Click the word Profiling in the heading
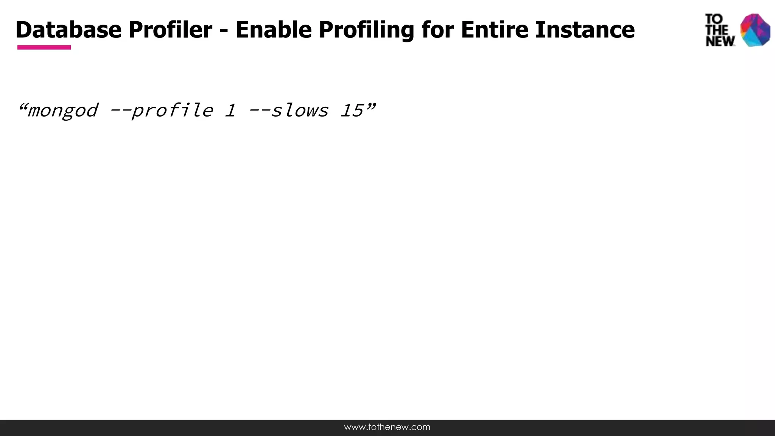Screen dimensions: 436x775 tap(366, 30)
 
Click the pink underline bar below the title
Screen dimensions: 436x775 tap(44, 47)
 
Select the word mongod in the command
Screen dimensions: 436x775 tap(62, 111)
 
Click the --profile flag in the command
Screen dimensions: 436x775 tap(161, 111)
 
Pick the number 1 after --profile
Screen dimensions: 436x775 tap(230, 111)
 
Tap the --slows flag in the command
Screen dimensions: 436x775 tap(288, 111)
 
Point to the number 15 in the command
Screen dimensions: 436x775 tap(352, 111)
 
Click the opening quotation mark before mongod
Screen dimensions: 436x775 tap(22, 106)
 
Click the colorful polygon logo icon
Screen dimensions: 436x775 tap(755, 30)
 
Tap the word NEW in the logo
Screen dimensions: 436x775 tap(720, 41)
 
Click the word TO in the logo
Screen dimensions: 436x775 tap(714, 19)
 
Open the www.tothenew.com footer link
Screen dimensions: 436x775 tap(387, 427)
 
